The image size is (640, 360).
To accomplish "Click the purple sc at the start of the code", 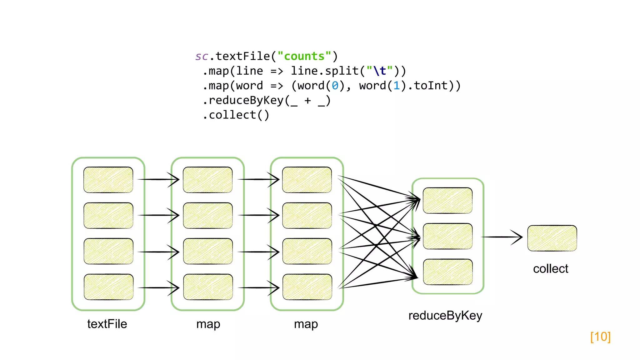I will (x=202, y=57).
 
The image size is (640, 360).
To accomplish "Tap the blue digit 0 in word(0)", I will (x=335, y=86).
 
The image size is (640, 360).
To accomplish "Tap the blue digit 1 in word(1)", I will (x=397, y=86).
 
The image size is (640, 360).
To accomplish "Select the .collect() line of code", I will (x=236, y=115).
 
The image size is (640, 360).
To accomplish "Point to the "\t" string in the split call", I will (x=379, y=71).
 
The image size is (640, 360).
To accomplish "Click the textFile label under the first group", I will (x=107, y=324).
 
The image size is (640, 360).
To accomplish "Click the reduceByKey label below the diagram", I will (x=445, y=316).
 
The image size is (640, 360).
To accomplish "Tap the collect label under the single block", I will (x=550, y=269).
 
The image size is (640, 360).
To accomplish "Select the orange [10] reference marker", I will (x=600, y=337).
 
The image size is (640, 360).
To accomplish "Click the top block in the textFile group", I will (x=108, y=180).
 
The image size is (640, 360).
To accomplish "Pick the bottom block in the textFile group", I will (x=108, y=287).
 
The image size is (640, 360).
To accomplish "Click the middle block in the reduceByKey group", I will (x=447, y=236).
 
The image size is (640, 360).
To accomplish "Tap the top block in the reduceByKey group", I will (x=447, y=201).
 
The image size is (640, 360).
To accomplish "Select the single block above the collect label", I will (x=552, y=238).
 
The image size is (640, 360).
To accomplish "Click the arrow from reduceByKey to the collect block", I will (x=502, y=237).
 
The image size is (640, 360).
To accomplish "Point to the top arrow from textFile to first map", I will (x=158, y=179).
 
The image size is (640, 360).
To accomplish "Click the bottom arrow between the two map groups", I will (x=258, y=287).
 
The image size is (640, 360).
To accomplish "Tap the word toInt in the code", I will (x=431, y=86).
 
